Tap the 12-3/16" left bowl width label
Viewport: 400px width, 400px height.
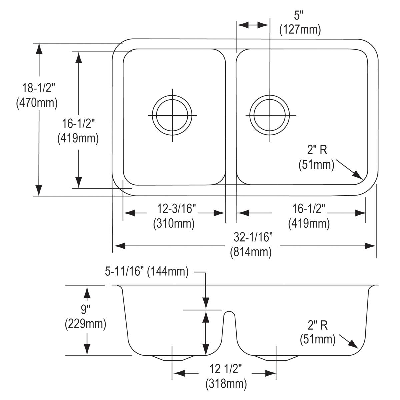click(176, 209)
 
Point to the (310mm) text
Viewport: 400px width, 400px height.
click(174, 223)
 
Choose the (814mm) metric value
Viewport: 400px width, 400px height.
click(251, 252)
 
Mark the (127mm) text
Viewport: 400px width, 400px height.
click(300, 30)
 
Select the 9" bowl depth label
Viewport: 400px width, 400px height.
click(86, 309)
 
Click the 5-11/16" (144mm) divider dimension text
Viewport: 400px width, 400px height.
click(147, 272)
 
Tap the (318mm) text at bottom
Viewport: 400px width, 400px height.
click(226, 384)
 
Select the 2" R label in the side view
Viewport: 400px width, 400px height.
click(318, 325)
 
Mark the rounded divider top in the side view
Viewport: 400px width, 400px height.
click(229, 313)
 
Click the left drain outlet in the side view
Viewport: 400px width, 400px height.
click(172, 358)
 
